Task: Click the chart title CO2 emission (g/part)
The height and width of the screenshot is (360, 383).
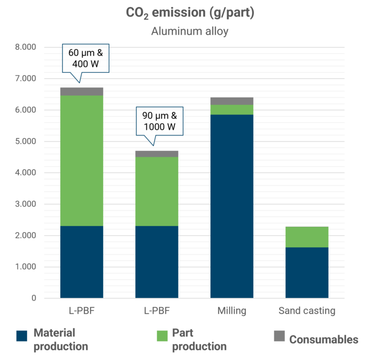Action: pos(191,12)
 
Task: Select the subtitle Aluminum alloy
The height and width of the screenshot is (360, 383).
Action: pos(191,31)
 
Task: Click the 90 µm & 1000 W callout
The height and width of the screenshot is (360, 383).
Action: pos(160,121)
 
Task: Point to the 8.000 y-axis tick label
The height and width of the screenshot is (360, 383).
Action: pos(26,47)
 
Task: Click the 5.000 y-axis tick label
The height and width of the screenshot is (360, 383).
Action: pos(26,141)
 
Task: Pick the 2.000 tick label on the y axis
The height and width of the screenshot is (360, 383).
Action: pos(26,235)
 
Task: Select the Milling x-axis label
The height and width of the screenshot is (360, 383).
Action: pos(232,311)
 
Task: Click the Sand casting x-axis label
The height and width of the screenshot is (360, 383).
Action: pos(306,311)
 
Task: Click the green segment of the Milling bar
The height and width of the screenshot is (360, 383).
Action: pos(232,109)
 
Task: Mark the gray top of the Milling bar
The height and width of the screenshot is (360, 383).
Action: pos(232,101)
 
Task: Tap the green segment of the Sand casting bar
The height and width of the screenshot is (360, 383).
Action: pos(306,237)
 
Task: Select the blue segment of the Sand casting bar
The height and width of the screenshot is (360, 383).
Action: pos(306,273)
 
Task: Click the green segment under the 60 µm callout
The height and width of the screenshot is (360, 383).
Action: pos(82,160)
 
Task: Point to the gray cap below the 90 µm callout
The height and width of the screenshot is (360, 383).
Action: pos(157,153)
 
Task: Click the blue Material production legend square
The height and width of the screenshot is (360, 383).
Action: pos(21,336)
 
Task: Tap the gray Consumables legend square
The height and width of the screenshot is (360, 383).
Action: pos(279,336)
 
